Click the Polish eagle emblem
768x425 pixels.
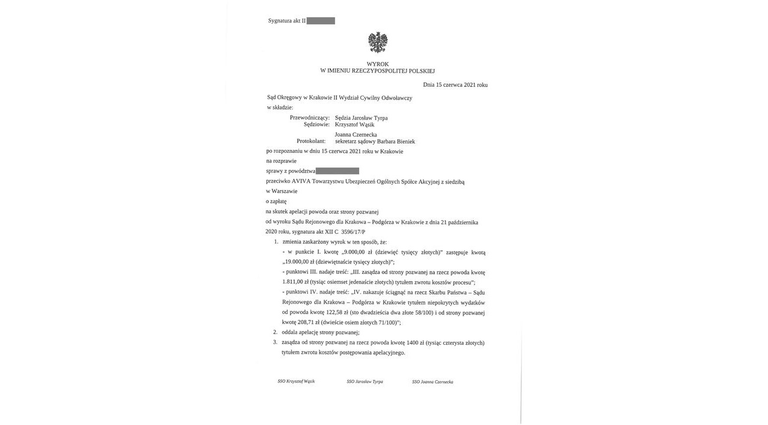click(378, 42)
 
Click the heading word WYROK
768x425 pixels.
click(378, 64)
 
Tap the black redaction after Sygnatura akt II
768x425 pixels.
click(321, 21)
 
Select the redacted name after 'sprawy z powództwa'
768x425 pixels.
click(337, 171)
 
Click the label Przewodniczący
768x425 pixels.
click(310, 117)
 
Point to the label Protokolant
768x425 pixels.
click(311, 142)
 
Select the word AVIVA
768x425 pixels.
click(301, 182)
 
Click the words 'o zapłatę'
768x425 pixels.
click(276, 201)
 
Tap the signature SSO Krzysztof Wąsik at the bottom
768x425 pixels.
click(296, 381)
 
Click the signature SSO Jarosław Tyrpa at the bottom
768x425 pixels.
click(365, 381)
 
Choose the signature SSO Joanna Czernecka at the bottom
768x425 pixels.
click(432, 382)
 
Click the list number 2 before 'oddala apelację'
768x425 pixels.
click(275, 332)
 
